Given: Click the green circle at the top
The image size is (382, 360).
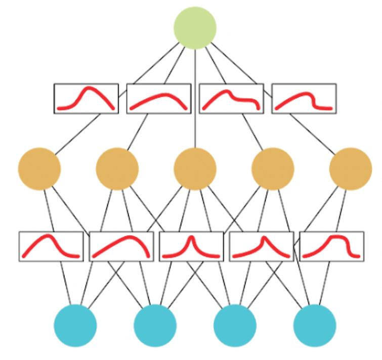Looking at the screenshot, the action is tap(195, 28).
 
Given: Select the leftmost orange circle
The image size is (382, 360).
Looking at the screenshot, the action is tap(39, 168).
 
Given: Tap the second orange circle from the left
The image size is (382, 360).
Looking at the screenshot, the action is tap(117, 168).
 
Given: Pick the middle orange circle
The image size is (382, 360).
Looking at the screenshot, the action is tap(195, 168).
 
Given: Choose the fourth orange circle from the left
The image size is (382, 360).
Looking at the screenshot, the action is tap(273, 168).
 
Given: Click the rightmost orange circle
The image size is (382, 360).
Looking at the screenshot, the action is tap(350, 168).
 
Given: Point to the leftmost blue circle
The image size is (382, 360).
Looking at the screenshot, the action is tap(75, 325).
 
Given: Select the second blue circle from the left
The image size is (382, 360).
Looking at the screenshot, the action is tap(155, 325).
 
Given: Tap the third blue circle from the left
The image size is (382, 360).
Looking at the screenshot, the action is tap(235, 325).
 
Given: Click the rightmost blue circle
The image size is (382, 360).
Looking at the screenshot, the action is tap(315, 325).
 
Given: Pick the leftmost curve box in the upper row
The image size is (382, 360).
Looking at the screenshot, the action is tap(86, 98).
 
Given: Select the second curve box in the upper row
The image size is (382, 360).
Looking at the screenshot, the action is tap(159, 98).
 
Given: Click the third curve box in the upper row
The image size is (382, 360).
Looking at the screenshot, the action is tap(231, 98).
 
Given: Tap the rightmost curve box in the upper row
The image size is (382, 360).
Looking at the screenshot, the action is tap(304, 98).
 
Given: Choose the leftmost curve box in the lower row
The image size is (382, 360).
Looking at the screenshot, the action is tap(51, 246).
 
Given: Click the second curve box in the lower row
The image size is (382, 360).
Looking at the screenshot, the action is tap(121, 246).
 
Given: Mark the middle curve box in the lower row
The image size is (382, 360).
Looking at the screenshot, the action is tap(191, 246).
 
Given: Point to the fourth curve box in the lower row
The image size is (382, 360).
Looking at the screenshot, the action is tap(262, 246).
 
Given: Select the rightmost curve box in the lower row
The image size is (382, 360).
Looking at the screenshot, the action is tap(331, 246).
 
